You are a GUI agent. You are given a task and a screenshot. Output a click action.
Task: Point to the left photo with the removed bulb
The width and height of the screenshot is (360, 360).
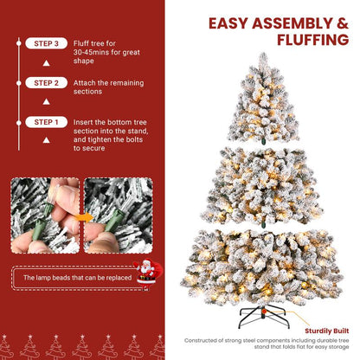(x=45, y=215)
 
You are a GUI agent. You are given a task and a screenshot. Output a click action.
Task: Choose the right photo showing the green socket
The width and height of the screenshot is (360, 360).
(x=118, y=215)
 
